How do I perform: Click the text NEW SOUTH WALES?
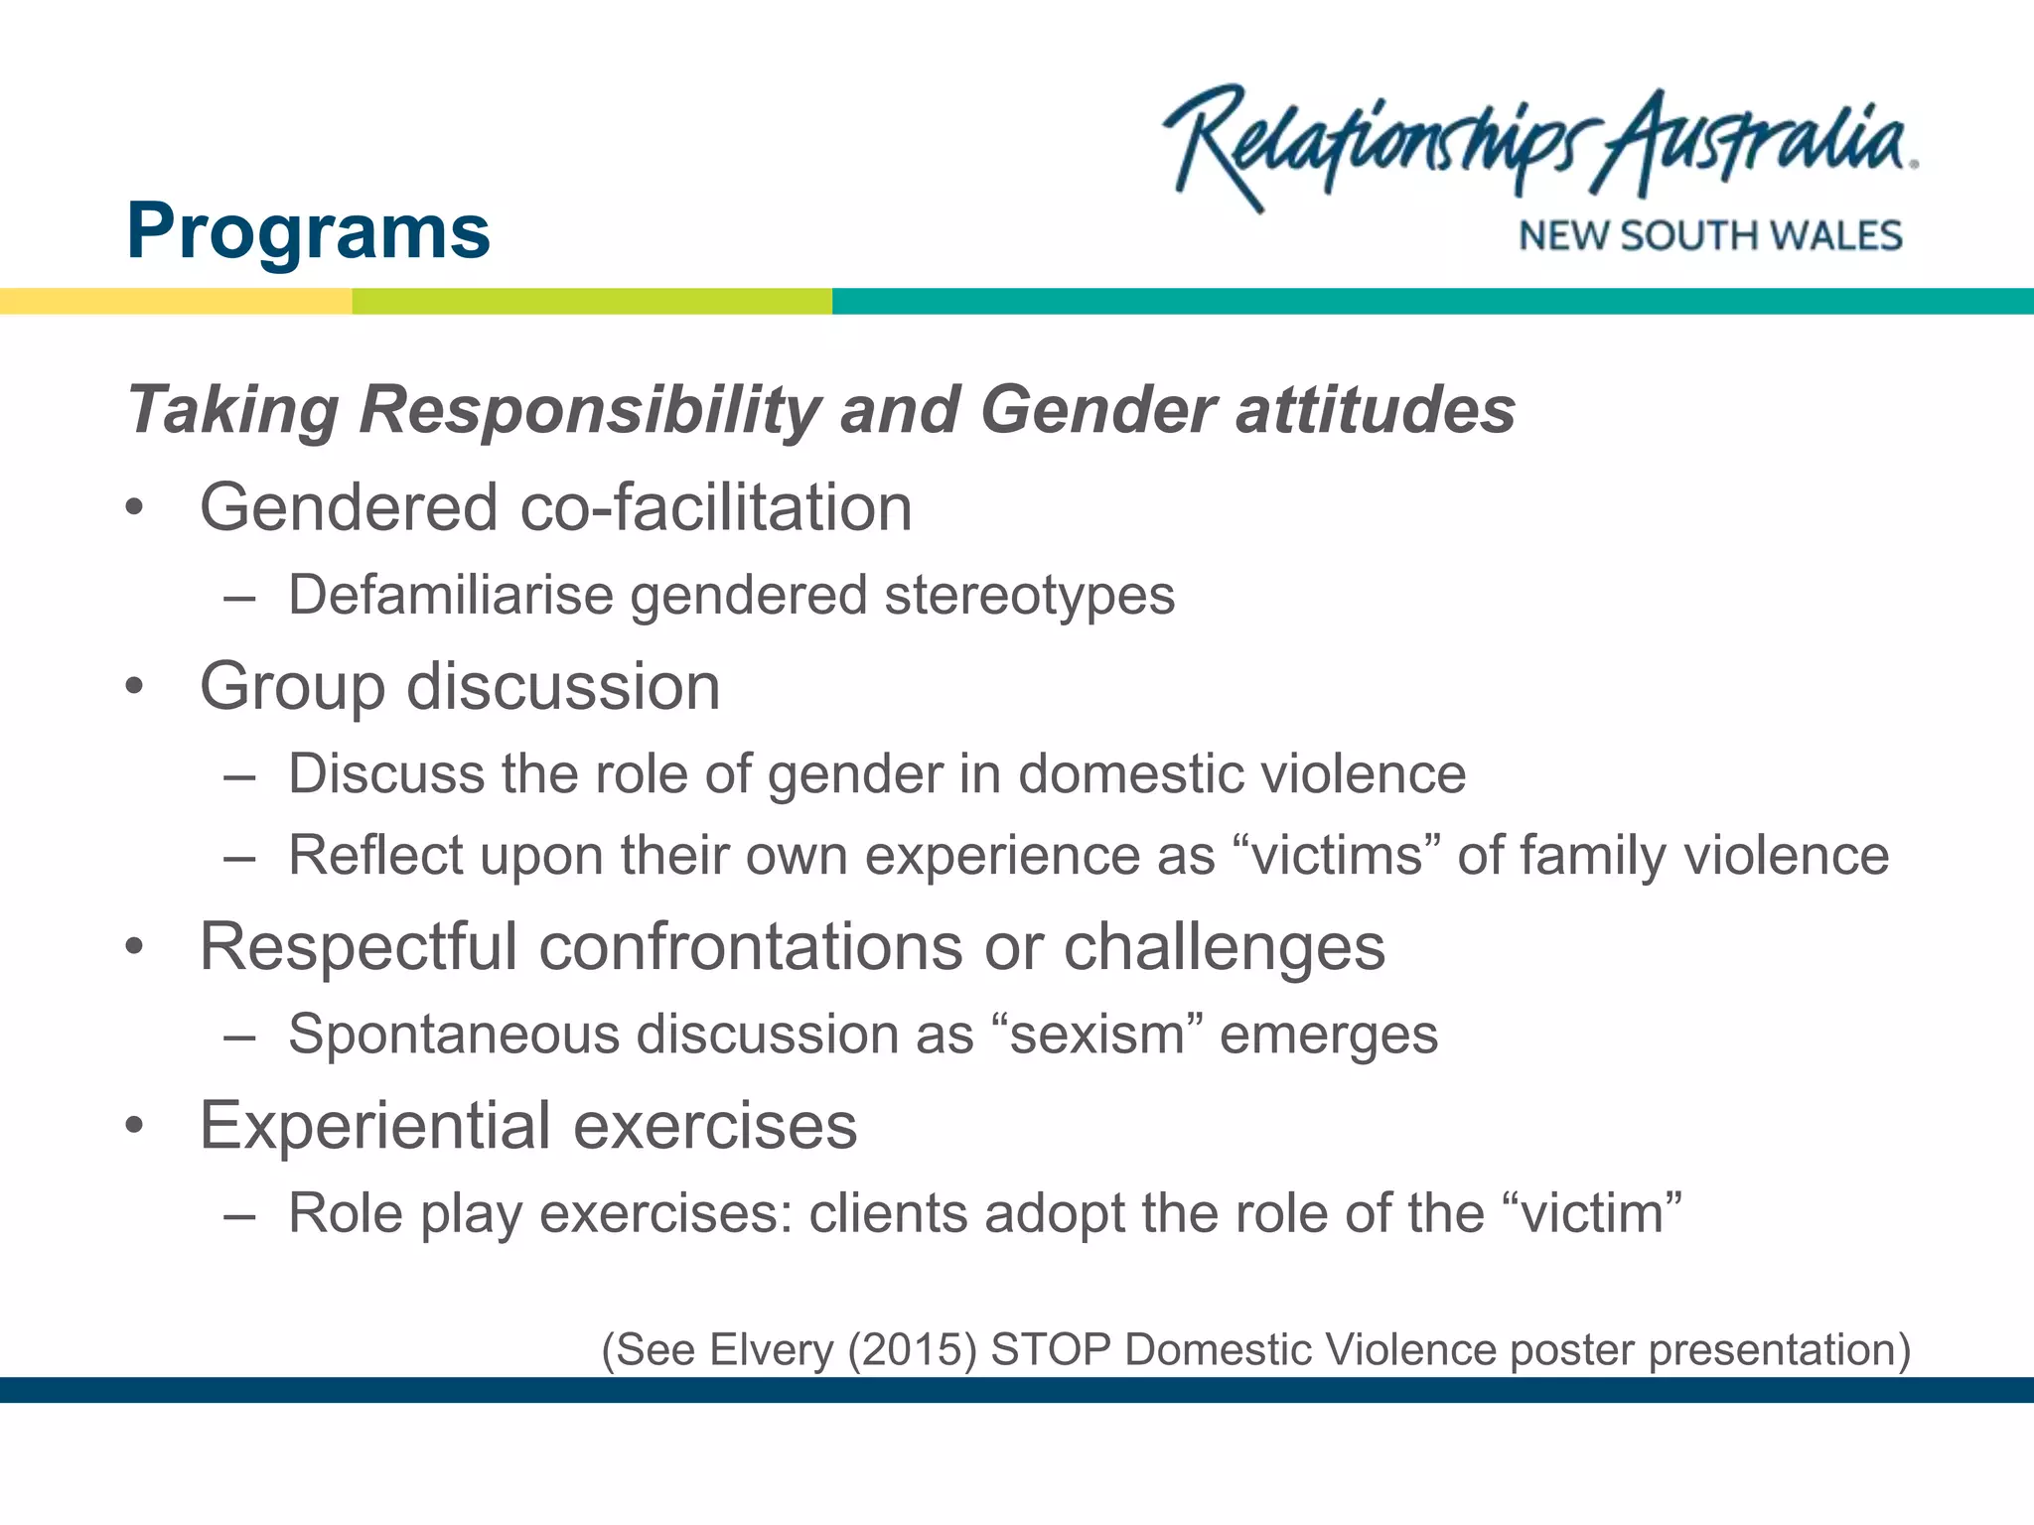tap(1709, 236)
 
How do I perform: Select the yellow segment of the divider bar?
tap(176, 301)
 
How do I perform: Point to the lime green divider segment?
tap(592, 301)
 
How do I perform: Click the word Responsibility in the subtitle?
tap(590, 410)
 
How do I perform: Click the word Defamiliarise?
tap(451, 596)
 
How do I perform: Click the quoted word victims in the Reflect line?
tap(1337, 856)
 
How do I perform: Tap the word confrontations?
tap(750, 947)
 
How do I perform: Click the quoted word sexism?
tap(1097, 1035)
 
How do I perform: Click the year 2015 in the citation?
tap(913, 1350)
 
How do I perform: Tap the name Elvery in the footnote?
tap(772, 1350)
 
